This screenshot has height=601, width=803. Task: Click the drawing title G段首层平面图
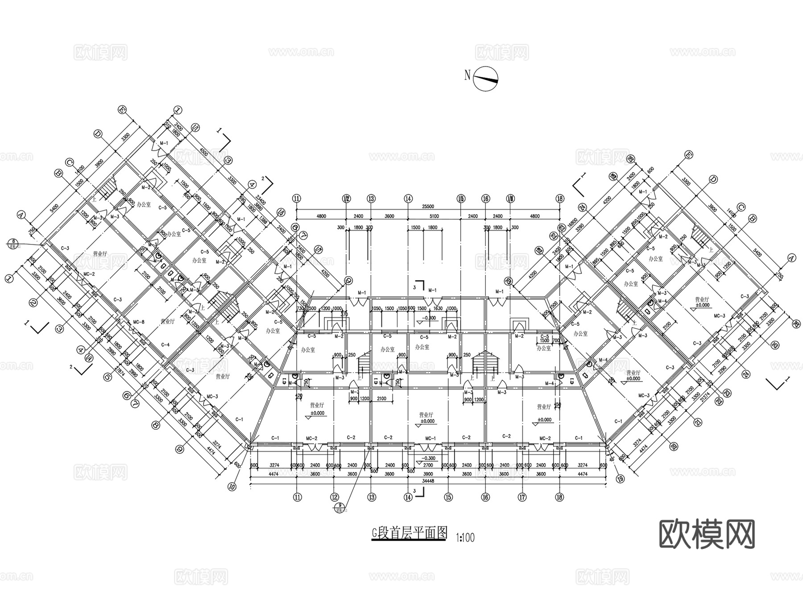409,533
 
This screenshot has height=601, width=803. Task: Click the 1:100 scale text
465,538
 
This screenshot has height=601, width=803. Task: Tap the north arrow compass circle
486,79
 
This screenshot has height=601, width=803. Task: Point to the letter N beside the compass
467,75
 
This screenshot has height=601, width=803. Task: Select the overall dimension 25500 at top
428,207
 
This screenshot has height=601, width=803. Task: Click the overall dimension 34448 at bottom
428,481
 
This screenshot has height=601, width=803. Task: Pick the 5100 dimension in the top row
434,216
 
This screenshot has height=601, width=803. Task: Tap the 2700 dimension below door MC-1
427,465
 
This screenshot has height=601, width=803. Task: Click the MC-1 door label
430,439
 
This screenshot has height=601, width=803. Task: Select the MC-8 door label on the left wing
139,322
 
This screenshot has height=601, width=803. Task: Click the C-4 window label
165,344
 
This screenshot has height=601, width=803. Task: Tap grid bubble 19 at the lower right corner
620,479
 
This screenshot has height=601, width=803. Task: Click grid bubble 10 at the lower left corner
231,487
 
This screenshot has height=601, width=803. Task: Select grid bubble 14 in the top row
408,199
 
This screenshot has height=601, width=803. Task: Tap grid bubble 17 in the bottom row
522,497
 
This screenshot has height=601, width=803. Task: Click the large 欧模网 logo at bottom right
707,534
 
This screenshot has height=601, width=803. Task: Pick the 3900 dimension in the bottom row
427,473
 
